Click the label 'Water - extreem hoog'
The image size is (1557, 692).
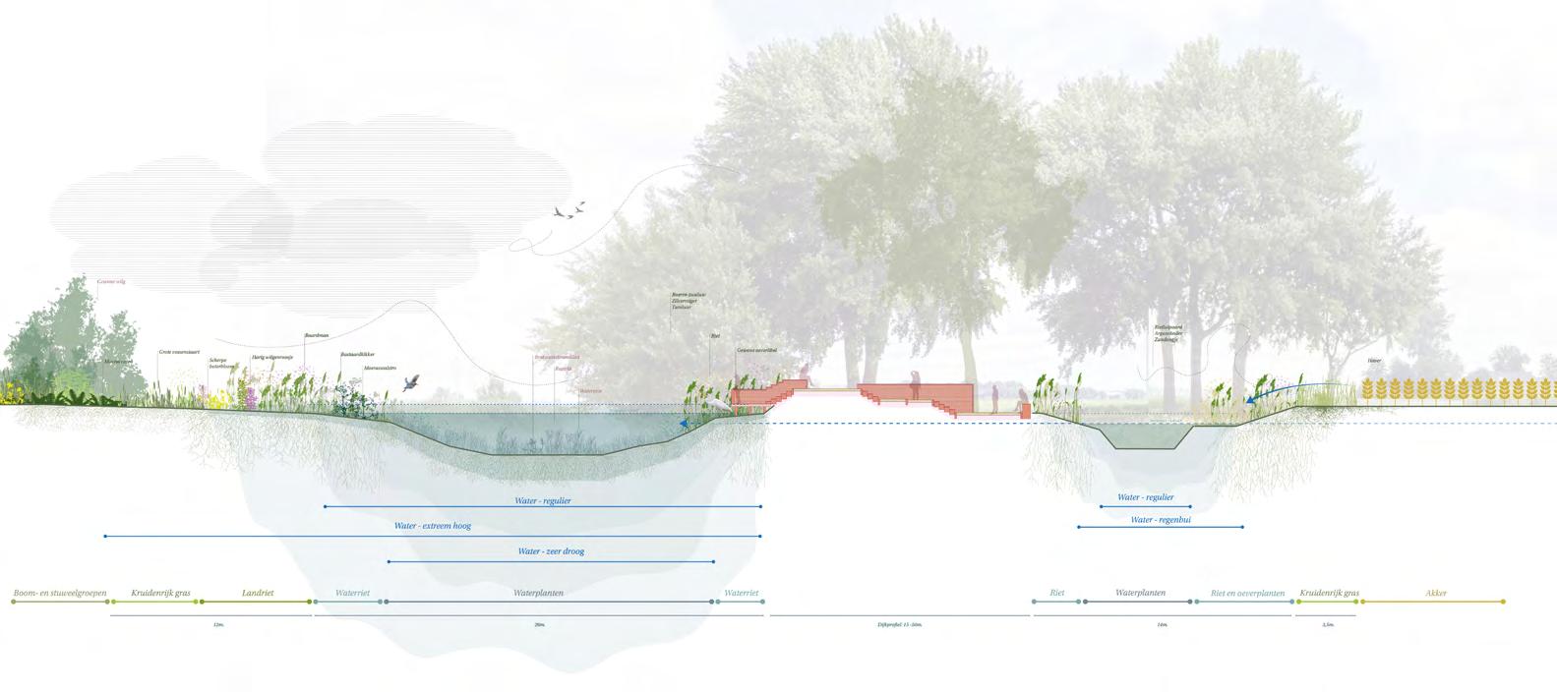coord(433,526)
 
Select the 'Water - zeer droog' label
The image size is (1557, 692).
coord(551,551)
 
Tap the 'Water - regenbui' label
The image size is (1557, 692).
coord(1161,519)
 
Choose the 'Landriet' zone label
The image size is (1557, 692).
coord(258,594)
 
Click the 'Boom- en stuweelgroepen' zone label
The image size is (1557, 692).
coord(59,594)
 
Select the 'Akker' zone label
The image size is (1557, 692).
coord(1435,594)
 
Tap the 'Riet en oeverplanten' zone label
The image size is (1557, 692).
coord(1247,594)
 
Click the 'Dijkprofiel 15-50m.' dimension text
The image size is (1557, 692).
coord(899,624)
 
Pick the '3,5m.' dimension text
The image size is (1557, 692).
coord(1329,624)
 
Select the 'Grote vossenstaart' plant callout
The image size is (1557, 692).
coord(179,351)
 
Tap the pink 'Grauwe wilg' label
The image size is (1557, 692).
coord(111,281)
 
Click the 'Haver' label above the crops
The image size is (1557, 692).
coord(1374,361)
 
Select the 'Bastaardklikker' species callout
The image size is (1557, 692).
coord(357,354)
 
